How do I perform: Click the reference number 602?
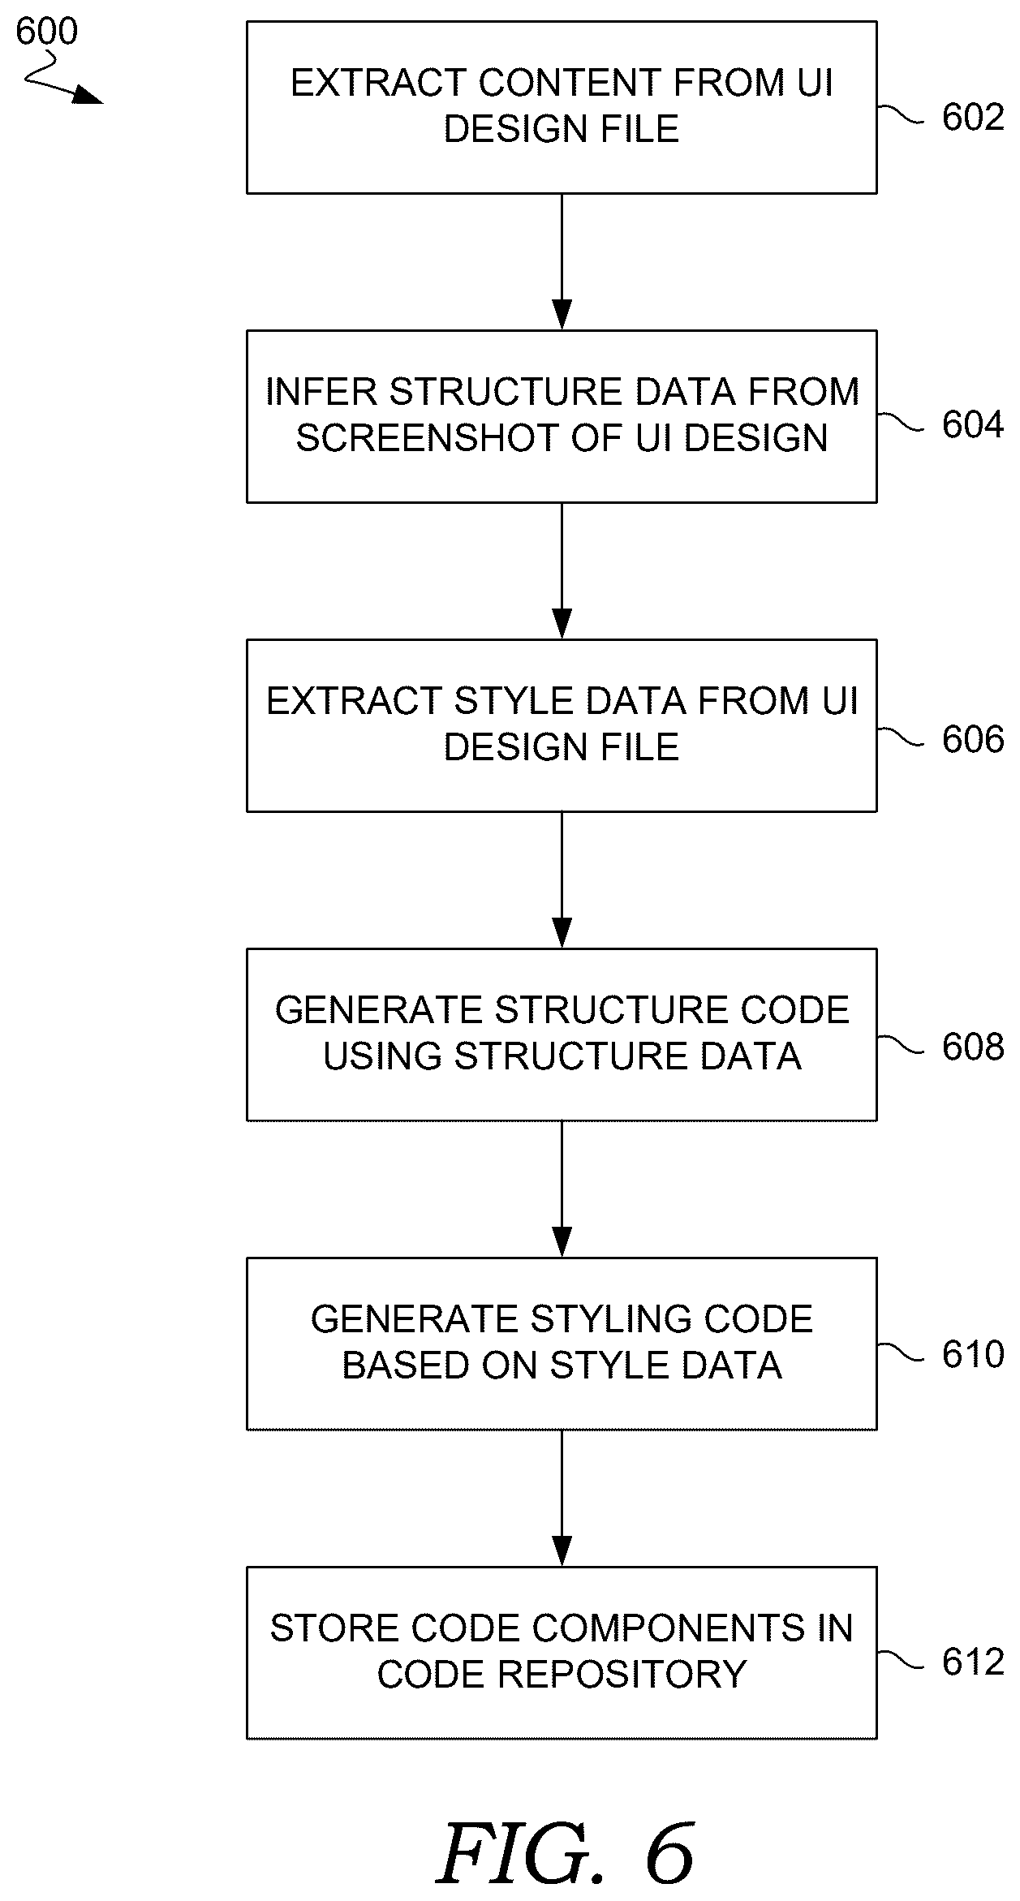pos(972,118)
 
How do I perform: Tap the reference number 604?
pos(972,425)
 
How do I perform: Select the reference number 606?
pos(972,739)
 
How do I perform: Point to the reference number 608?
pos(972,1047)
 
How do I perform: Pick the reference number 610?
pos(972,1355)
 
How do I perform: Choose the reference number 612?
pos(972,1662)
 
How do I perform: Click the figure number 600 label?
pos(46,32)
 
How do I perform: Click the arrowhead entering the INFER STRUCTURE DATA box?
pos(562,315)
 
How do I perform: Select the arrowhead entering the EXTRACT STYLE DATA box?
pos(562,624)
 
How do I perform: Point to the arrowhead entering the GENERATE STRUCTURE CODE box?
pos(562,933)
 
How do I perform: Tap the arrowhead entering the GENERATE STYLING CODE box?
pos(562,1242)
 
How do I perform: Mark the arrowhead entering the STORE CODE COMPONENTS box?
pos(562,1551)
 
